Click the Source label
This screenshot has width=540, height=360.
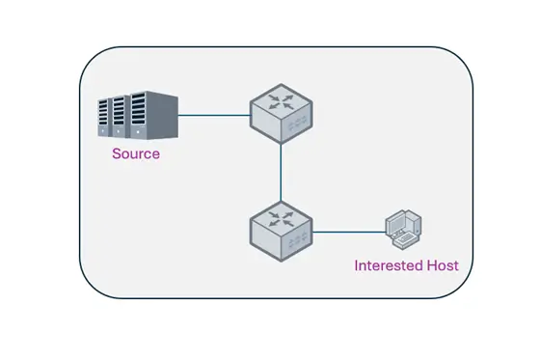click(x=136, y=153)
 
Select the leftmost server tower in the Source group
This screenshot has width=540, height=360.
click(x=105, y=118)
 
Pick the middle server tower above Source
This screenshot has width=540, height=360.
click(x=122, y=117)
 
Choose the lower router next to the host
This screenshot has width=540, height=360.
click(x=279, y=229)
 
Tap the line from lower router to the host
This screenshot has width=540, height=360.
click(x=347, y=232)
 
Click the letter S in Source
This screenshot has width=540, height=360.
click(x=117, y=153)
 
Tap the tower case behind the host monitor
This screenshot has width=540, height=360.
click(x=411, y=225)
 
